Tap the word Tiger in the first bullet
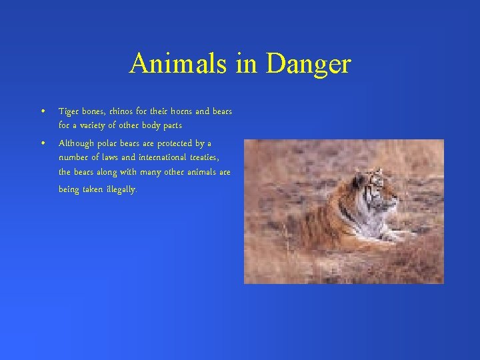coord(69,111)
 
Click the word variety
coord(89,125)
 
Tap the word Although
coord(77,143)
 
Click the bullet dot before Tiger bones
coord(42,111)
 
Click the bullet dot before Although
coord(42,143)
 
